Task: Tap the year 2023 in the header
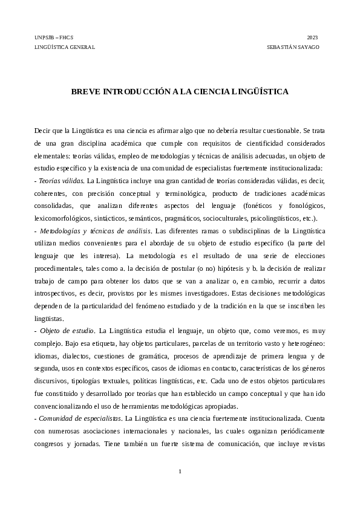[x=312, y=37]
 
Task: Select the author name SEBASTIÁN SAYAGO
[x=293, y=47]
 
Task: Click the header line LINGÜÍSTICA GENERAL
[x=64, y=47]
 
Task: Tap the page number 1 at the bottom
[x=180, y=471]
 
